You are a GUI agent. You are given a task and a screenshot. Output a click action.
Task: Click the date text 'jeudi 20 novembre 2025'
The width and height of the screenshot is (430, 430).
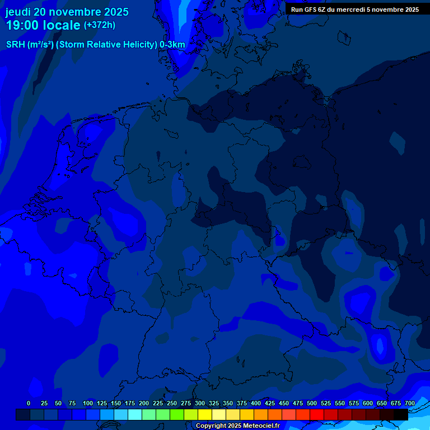point(67,12)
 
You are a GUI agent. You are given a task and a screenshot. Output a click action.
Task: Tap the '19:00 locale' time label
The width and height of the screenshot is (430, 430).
point(43,25)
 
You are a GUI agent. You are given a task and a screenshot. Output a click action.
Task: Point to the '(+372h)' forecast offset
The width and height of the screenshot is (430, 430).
point(100,25)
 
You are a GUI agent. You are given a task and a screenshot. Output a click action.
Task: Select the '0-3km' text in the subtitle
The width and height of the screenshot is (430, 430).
point(172,45)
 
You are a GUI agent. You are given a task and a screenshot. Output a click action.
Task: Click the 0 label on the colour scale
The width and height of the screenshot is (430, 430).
point(29,403)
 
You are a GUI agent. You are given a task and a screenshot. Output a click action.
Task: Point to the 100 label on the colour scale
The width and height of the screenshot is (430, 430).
point(88,403)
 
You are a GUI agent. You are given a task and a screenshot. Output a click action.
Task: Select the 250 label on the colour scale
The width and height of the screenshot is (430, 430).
point(172,403)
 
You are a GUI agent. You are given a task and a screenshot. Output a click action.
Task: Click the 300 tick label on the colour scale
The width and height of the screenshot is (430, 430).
point(200,403)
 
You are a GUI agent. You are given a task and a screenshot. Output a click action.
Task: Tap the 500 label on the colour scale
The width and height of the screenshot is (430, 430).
point(312,403)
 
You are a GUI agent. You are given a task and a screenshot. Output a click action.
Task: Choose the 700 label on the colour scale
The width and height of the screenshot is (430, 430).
point(410,403)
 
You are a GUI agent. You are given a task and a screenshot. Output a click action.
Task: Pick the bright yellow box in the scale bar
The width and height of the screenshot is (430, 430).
point(204,414)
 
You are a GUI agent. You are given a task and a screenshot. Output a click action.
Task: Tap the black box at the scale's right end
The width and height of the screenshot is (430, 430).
point(400,414)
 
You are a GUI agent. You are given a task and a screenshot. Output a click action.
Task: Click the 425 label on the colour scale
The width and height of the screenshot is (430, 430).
point(270,403)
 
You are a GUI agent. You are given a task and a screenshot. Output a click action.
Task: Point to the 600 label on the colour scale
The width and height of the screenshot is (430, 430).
point(368,403)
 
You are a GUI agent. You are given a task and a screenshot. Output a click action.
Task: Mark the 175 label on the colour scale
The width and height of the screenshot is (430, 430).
point(130,403)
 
